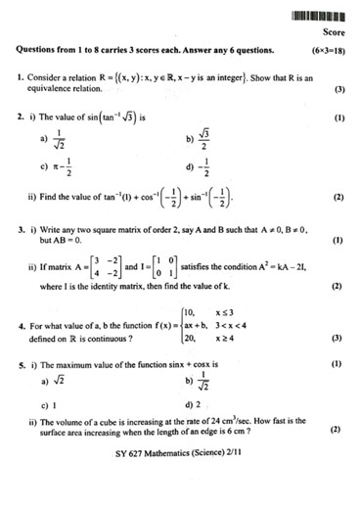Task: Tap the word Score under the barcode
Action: (x=330, y=32)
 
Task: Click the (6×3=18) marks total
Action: (x=328, y=49)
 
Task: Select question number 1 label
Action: (x=20, y=75)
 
